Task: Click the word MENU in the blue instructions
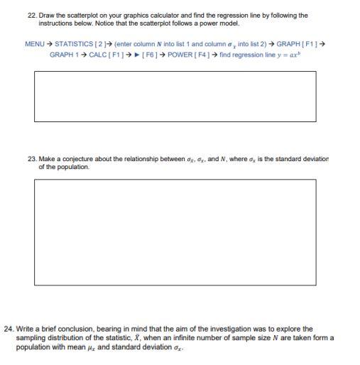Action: (34, 44)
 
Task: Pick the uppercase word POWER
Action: (182, 55)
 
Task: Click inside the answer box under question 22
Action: (175, 96)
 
